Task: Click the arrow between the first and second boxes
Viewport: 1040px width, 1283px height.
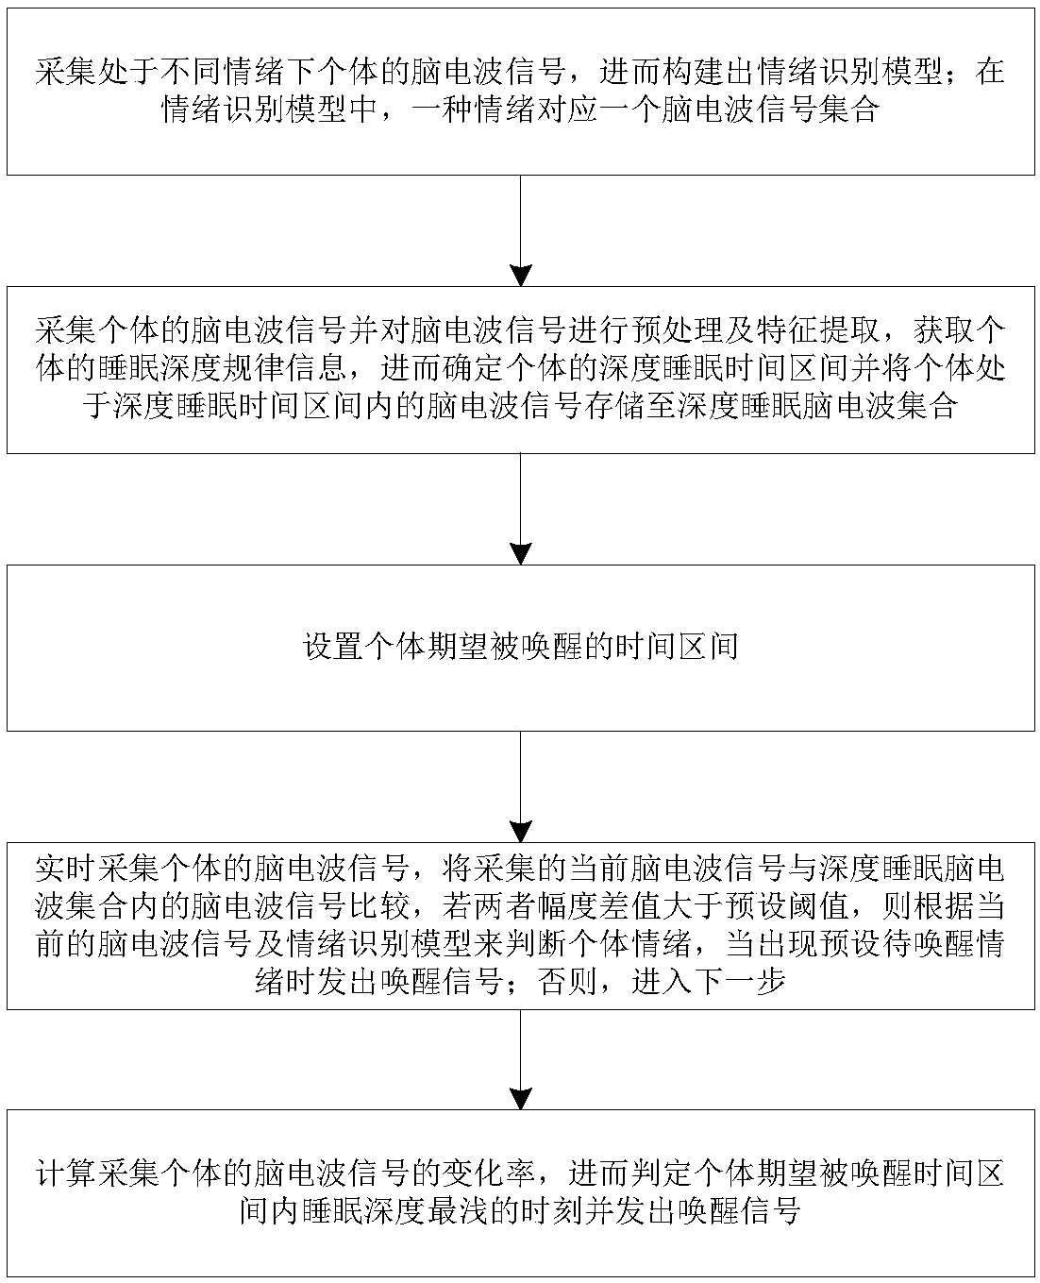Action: pos(520,231)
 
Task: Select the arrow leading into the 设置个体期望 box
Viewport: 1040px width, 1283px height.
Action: pos(520,510)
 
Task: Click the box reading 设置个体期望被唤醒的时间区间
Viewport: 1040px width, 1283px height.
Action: pos(520,648)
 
